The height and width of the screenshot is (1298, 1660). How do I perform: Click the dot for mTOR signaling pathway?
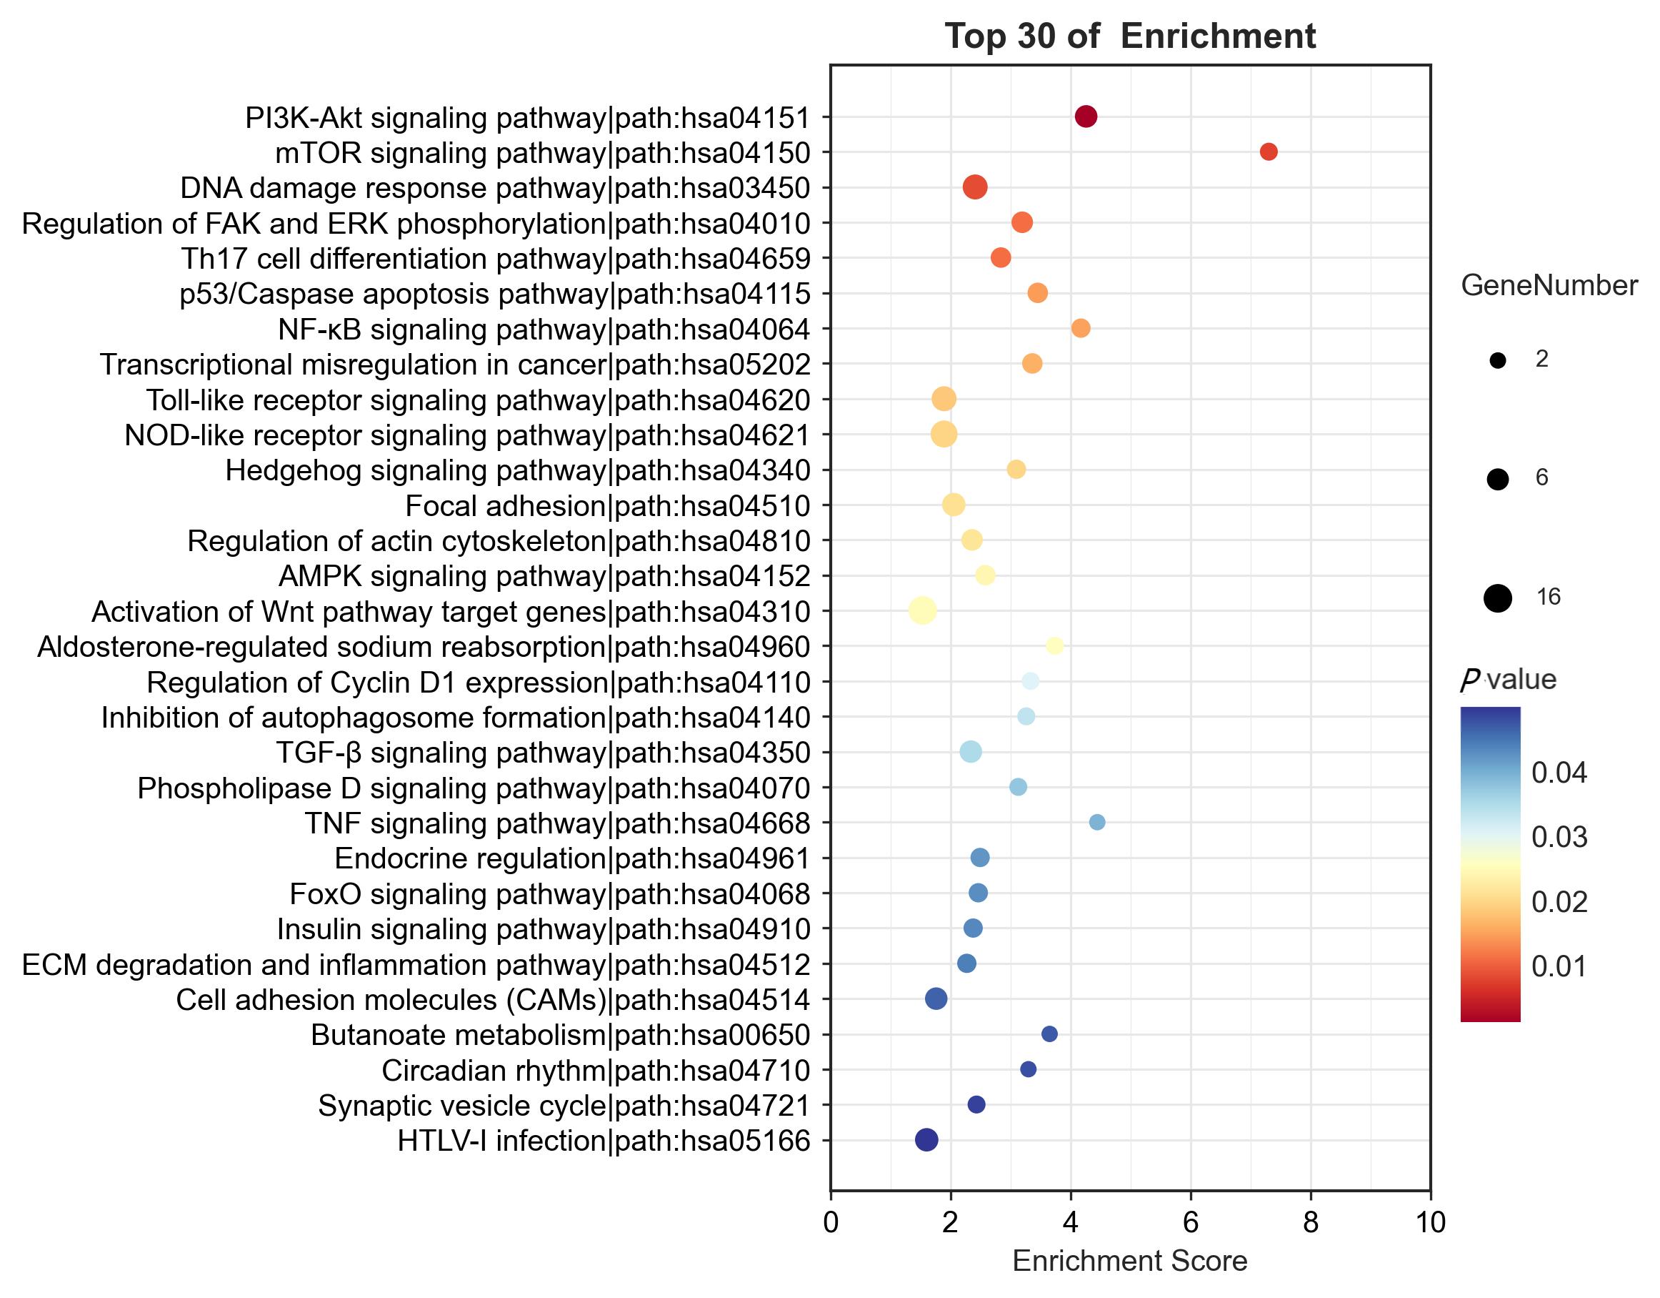coord(1268,152)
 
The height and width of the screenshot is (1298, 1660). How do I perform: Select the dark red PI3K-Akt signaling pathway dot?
coord(1086,117)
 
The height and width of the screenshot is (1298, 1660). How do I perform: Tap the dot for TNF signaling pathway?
coord(1097,822)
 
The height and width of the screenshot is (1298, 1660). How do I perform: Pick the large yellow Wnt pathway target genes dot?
coord(922,610)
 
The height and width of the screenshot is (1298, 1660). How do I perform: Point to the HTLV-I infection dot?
coord(926,1140)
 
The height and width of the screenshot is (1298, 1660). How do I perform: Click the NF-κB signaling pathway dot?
coord(1080,329)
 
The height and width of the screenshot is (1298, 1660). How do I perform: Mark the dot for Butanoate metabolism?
coord(1049,1034)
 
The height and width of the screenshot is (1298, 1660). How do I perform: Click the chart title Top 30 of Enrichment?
coord(1129,36)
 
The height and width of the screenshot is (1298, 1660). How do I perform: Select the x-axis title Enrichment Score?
coord(1129,1261)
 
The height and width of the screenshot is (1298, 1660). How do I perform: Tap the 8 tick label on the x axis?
coord(1311,1223)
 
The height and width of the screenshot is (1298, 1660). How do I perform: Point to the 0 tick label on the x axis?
coord(831,1223)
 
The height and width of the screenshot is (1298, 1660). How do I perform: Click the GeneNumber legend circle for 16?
coord(1497,598)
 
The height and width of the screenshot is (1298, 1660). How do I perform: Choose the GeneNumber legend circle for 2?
coord(1497,360)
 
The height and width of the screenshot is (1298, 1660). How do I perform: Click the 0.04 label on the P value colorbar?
coord(1559,773)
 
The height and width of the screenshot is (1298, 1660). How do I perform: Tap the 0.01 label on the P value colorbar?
coord(1559,966)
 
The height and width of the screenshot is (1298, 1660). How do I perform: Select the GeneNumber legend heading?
coord(1549,286)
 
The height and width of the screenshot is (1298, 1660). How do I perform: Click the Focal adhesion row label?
coord(607,505)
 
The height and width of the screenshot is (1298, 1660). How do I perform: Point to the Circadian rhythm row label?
coord(595,1071)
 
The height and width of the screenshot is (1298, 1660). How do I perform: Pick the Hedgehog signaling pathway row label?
coord(518,471)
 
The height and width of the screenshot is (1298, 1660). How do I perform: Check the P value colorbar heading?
coord(1508,679)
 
